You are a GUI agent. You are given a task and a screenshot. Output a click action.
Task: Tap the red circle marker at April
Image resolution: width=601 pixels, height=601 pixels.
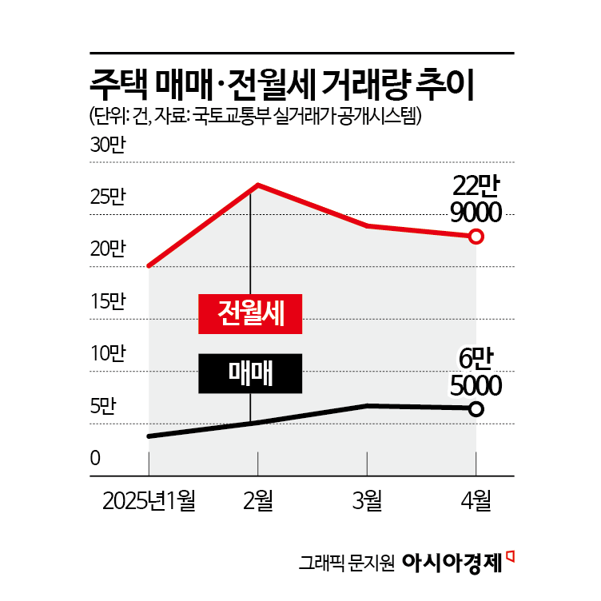pos(476,237)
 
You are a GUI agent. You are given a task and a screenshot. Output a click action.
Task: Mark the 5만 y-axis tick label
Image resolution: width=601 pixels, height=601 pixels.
pos(103,406)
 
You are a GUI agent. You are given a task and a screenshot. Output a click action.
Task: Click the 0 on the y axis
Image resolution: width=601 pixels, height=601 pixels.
pos(94,459)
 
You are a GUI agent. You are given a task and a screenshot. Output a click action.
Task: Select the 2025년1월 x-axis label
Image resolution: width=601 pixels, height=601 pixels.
pos(149,501)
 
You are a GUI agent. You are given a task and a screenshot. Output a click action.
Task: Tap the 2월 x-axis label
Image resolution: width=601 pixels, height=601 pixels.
pos(258,501)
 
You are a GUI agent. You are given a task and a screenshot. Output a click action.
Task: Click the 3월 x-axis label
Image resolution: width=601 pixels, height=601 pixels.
pos(367,501)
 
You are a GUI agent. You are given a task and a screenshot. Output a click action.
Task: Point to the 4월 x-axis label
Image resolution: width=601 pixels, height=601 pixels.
pos(476,501)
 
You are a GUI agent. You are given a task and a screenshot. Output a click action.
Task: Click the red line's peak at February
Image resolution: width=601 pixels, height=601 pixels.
pos(257,185)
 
